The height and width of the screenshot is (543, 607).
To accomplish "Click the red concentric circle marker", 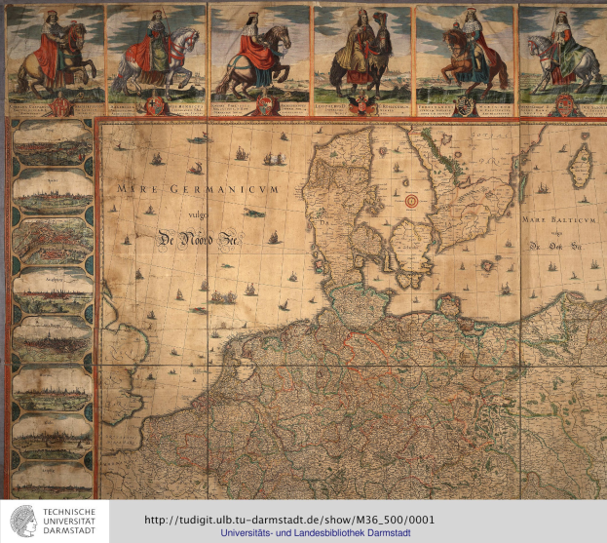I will pos(411,201).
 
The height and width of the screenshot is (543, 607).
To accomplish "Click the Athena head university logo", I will pos(21,521).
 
